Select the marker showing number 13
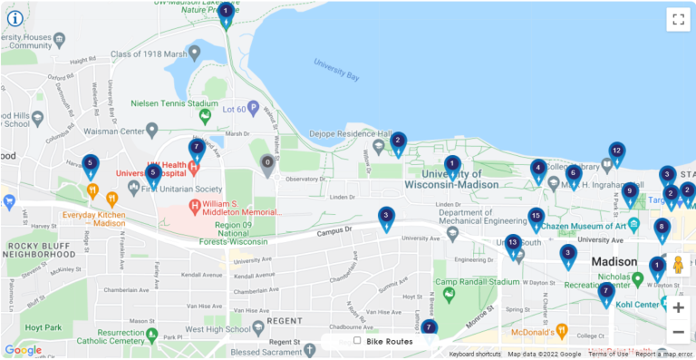tap(513, 244)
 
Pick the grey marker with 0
tap(266, 164)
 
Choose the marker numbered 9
tap(630, 192)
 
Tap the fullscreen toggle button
tap(678, 20)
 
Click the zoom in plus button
tap(678, 307)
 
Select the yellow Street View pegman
tap(677, 265)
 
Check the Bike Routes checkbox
tap(357, 341)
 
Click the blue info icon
tap(15, 17)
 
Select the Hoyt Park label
tap(43, 327)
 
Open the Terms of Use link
tap(608, 354)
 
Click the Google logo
tap(23, 349)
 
